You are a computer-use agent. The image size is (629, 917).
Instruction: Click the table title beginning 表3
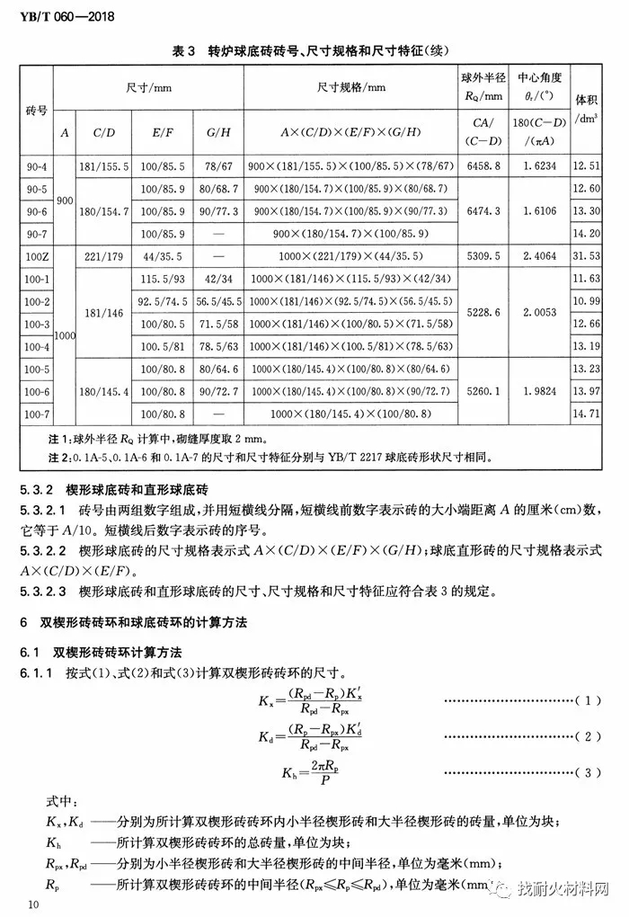tap(314, 51)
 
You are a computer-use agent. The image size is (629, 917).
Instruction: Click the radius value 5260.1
tap(484, 391)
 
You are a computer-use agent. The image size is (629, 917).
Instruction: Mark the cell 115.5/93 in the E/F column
tap(163, 279)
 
